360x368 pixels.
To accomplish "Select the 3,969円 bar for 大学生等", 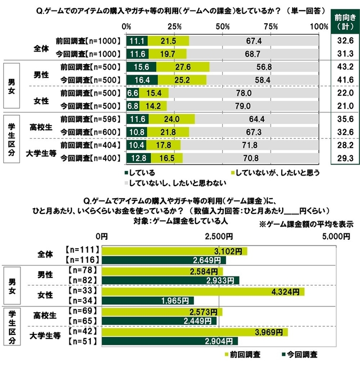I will pos(194,332).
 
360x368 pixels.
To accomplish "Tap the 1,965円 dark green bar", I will pos(147,301).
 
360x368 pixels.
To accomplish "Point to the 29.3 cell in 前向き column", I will pos(344,157).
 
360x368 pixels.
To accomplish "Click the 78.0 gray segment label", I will pos(243,93).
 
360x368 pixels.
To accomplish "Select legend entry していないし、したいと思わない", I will pos(175,183).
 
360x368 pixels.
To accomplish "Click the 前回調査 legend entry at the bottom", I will pos(246,355).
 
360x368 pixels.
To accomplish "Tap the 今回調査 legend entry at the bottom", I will pos(302,355).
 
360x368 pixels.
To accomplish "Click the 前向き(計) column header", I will pos(344,23).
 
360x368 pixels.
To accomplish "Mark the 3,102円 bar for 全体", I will pos(174,251).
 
